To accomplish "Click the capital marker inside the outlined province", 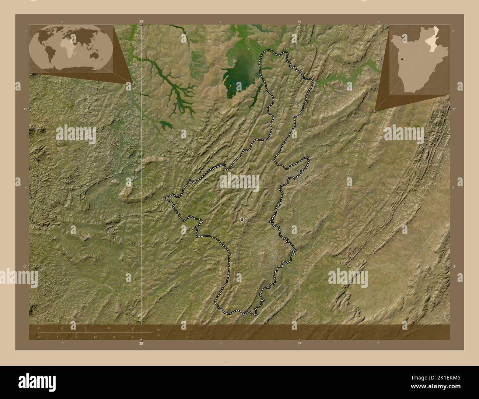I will pyautogui.click(x=242, y=219).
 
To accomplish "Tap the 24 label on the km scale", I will pyautogui.click(x=109, y=328).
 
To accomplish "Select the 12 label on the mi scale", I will pyautogui.click(x=95, y=336).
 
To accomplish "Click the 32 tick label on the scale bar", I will pyautogui.click(x=132, y=328).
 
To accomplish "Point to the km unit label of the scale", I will pyautogui.click(x=158, y=329).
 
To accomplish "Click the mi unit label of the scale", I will pyautogui.click(x=158, y=336).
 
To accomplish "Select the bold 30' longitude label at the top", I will pyautogui.click(x=141, y=22).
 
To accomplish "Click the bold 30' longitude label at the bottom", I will pyautogui.click(x=141, y=344).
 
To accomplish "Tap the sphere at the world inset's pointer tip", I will pyautogui.click(x=133, y=84).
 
